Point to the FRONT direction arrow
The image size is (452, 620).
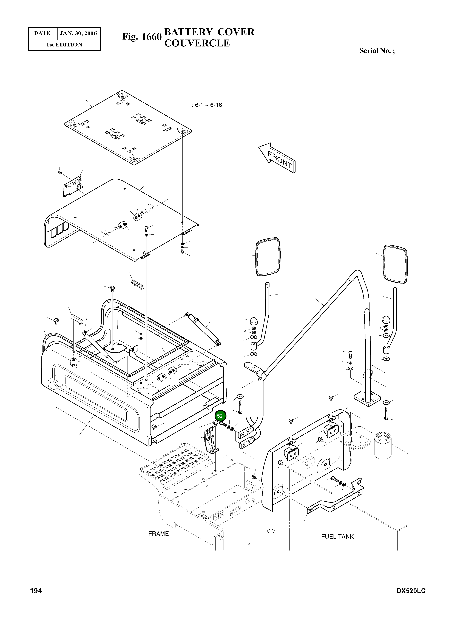pos(277,158)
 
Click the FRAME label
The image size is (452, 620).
pos(158,534)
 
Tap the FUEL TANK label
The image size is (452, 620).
pos(337,536)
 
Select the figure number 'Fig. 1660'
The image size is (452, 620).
pos(142,37)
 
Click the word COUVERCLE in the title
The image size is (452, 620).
pos(197,43)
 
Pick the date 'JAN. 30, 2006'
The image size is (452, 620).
pos(78,33)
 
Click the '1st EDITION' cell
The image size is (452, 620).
pos(64,45)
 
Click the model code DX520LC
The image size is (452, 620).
pos(411,591)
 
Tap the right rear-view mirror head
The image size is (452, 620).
pos(395,264)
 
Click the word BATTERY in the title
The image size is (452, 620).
pos(189,32)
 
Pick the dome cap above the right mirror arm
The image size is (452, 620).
pos(386,319)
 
